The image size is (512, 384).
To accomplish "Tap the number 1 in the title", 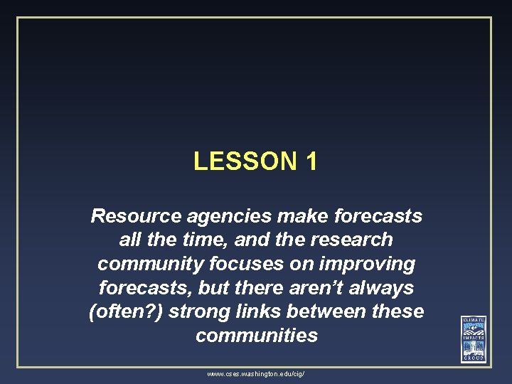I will pos(310,161).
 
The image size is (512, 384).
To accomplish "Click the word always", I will pos(381,288).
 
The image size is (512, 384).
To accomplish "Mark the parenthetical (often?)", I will pos(123,312).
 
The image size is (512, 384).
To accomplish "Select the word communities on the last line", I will pos(256,336).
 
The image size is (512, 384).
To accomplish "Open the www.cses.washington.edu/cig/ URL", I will pos(256,373).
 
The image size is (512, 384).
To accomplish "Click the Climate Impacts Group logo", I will pos(473,338).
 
